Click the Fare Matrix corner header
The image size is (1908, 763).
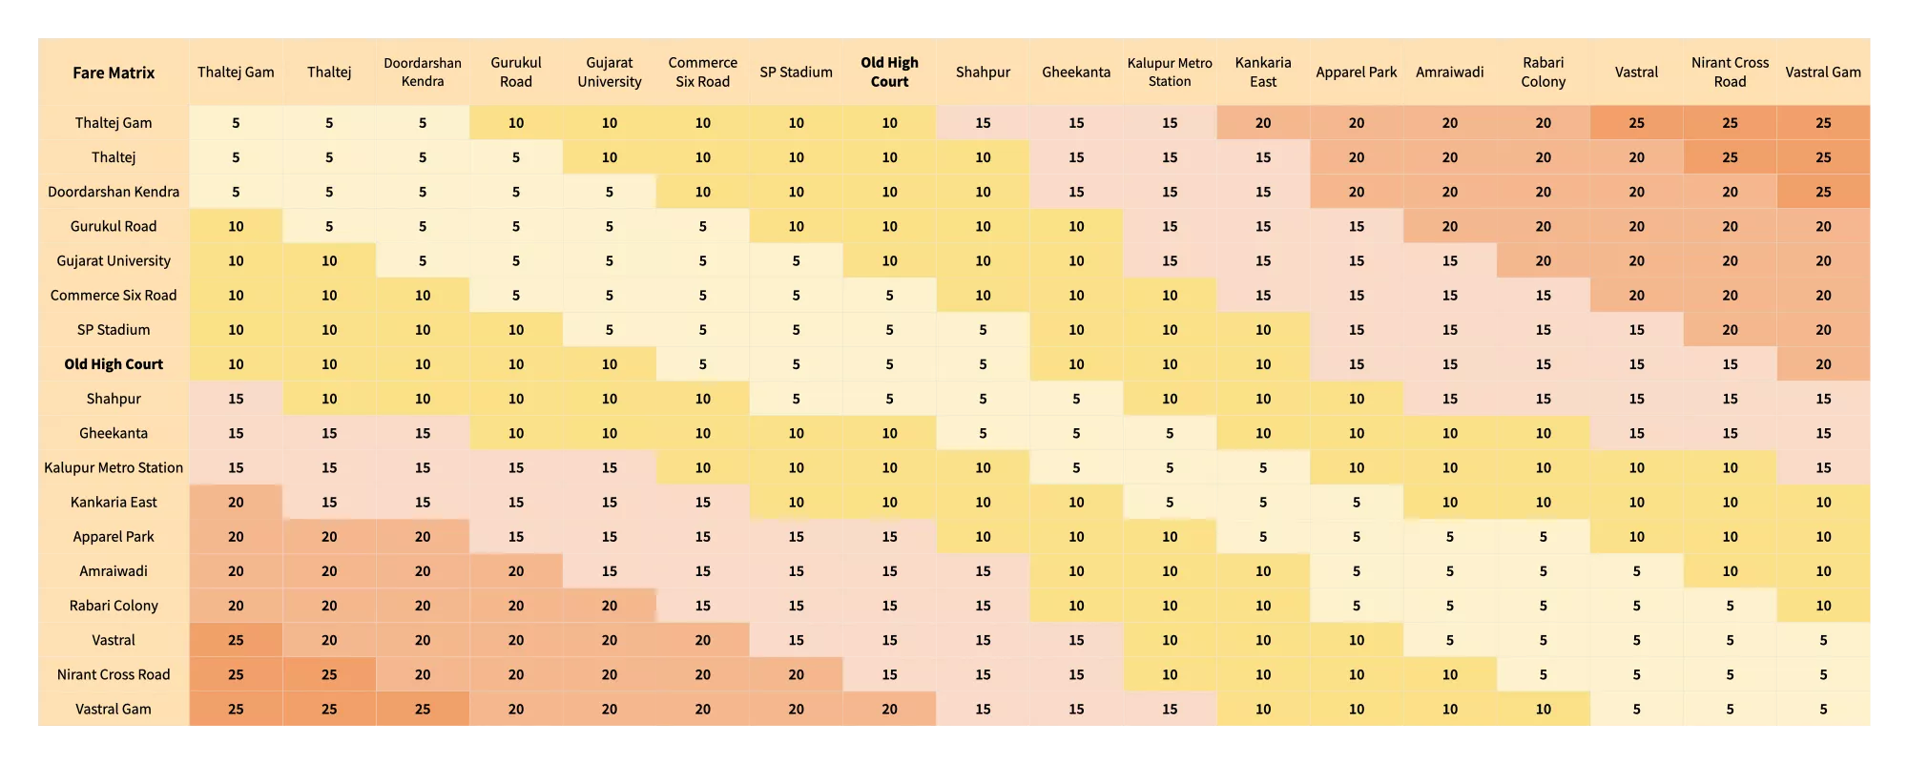[x=114, y=72]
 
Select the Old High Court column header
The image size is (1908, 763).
[x=889, y=72]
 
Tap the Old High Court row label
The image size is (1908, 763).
[x=114, y=364]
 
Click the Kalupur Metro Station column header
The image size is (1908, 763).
[x=1170, y=72]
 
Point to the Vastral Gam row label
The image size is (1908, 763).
[x=114, y=709]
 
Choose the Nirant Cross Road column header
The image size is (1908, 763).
[x=1730, y=72]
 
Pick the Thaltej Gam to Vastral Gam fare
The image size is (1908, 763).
[x=1823, y=123]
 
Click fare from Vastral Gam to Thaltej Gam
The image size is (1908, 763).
[x=236, y=709]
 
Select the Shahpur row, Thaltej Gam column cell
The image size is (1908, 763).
[x=236, y=399]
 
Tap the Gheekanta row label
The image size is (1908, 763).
[x=114, y=433]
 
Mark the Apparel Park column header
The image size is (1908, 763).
[x=1356, y=72]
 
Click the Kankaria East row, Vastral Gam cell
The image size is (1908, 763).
[x=1823, y=502]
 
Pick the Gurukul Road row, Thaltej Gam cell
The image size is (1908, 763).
[x=236, y=226]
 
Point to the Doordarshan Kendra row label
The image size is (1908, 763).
[x=114, y=192]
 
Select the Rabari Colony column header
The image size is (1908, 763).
[x=1543, y=72]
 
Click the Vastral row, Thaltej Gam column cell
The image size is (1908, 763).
[x=236, y=640]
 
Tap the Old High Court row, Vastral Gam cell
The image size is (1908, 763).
[x=1823, y=364]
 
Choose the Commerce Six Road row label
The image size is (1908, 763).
[x=114, y=296]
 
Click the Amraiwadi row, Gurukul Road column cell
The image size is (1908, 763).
[x=516, y=571]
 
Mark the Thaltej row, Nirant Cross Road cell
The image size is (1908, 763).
[x=1730, y=157]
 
